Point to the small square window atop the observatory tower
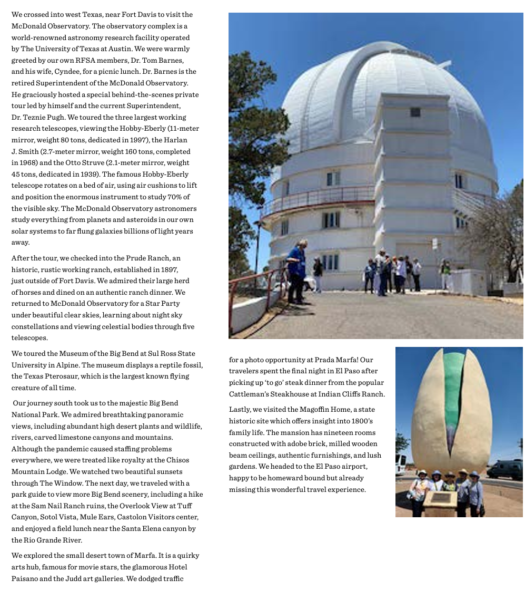point(415,112)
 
